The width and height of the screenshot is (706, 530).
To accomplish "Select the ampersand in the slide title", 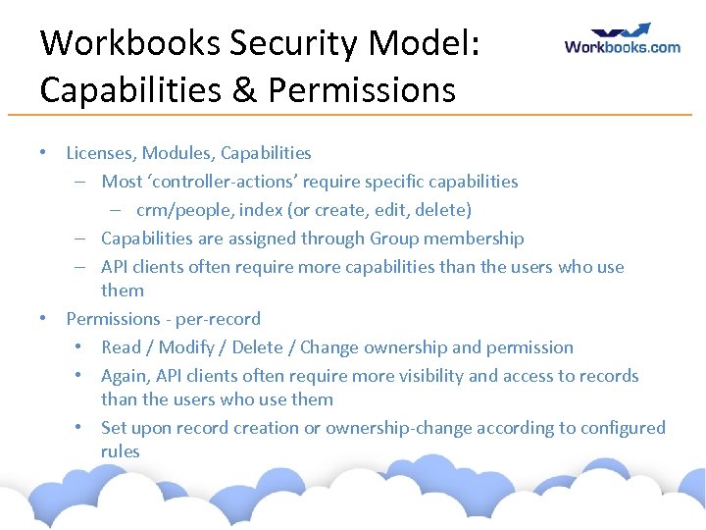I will (244, 90).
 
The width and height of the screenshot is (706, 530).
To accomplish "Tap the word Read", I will (122, 347).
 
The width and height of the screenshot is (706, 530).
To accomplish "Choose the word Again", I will (125, 376).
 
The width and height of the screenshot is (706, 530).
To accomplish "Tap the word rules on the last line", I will (121, 451).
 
